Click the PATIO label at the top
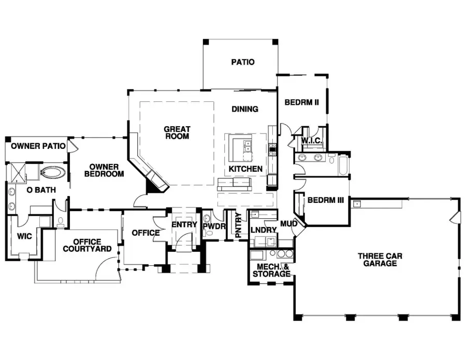coord(242,62)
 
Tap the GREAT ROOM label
coord(177,133)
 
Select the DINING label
coord(245,109)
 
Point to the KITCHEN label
coord(245,169)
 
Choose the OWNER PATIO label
coord(38,146)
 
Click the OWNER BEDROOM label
coord(104,171)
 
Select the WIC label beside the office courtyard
coord(25,236)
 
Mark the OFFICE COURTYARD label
coord(86,246)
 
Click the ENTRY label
coord(184,224)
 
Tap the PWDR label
coord(213,226)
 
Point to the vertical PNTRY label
coord(238,226)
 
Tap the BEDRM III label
coord(326,200)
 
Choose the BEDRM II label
coord(301,102)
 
